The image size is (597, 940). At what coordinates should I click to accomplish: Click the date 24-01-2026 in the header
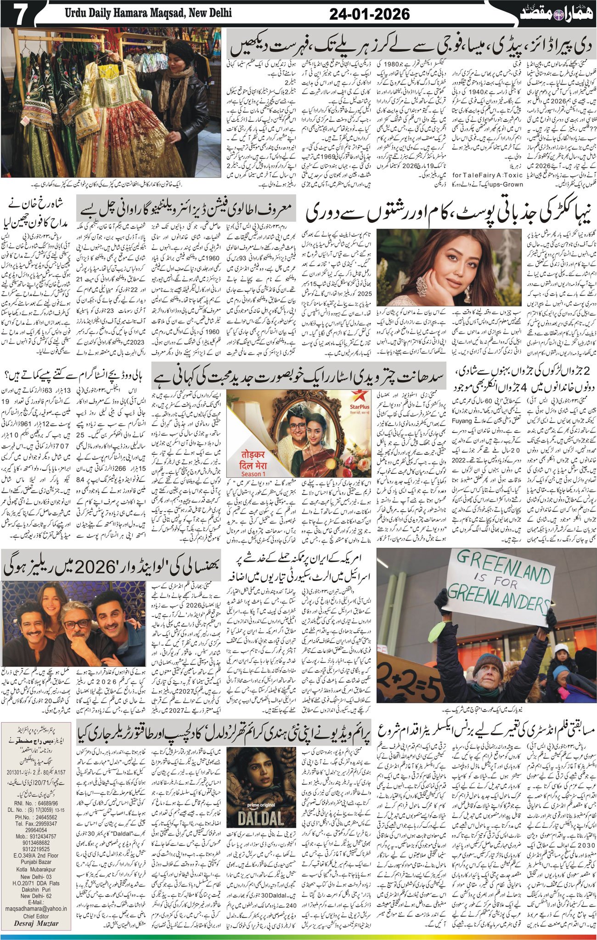pyautogui.click(x=370, y=14)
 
